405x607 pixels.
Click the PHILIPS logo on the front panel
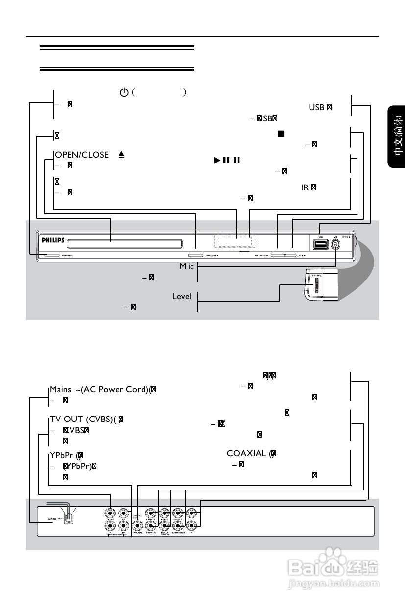click(x=52, y=241)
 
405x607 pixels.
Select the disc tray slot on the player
click(x=125, y=243)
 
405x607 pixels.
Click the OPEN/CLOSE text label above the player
click(x=82, y=155)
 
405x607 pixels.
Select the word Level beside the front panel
click(x=182, y=297)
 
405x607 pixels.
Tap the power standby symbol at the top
click(x=124, y=92)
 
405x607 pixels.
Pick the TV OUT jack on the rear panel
click(x=111, y=514)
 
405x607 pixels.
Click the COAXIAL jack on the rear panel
click(x=138, y=526)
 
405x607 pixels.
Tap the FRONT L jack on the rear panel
click(x=152, y=514)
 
